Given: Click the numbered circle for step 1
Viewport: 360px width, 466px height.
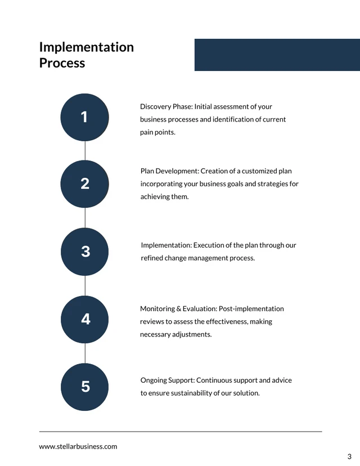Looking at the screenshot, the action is pos(84,118).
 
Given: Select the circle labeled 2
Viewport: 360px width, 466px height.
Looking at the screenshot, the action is pos(84,184).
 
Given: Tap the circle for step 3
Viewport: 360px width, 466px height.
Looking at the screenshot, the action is pos(84,252).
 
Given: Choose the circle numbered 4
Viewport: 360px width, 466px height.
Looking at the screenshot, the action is pos(84,320).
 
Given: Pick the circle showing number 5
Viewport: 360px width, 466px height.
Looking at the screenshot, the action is pos(84,387).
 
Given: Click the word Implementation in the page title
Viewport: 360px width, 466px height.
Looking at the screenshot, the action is pos(87,47).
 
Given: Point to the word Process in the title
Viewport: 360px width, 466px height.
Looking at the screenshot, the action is pos(62,63).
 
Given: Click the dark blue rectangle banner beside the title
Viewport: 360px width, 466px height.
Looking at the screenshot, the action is pos(277,55).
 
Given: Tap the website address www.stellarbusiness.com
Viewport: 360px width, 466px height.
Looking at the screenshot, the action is pos(78,446).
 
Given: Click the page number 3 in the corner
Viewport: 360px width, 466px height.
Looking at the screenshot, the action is pos(349,456).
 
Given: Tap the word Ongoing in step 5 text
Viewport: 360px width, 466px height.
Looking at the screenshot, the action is pos(152,380).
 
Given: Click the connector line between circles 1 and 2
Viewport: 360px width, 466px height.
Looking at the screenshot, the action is pos(85,151).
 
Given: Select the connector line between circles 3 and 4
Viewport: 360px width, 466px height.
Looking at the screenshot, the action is pos(85,285).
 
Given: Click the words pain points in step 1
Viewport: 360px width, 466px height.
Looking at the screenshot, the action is pos(157,132).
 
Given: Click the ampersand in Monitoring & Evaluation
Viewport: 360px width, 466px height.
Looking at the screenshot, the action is pos(178,309).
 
